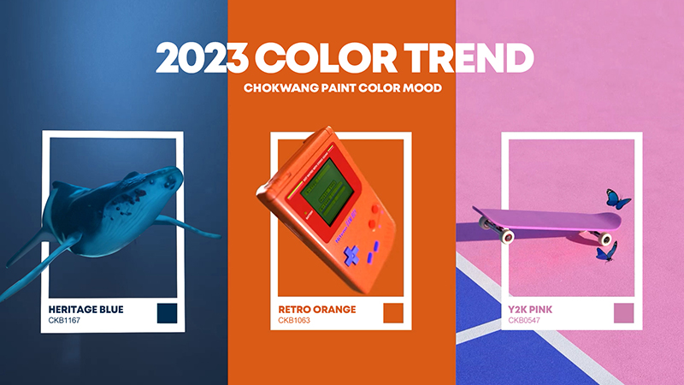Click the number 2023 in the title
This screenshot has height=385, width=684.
(x=202, y=57)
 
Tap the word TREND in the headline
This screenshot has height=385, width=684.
(x=469, y=57)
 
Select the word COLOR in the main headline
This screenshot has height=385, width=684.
(x=326, y=57)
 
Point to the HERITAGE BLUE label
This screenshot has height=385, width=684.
(x=86, y=310)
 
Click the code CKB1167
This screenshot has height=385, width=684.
(x=64, y=320)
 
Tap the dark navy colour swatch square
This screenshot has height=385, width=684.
(x=167, y=313)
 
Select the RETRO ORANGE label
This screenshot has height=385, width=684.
(x=317, y=310)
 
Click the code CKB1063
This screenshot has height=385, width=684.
(x=294, y=320)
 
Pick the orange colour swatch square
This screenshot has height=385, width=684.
(x=393, y=313)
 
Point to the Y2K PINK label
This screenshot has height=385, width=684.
(x=530, y=310)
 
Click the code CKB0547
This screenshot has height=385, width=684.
(x=524, y=320)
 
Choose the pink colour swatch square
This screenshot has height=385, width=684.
(x=624, y=313)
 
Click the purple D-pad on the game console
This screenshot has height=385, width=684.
(x=351, y=255)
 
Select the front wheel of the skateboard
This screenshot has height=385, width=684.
(x=507, y=237)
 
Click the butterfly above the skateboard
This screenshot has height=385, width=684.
(x=617, y=199)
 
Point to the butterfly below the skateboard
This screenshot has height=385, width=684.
(x=607, y=252)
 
